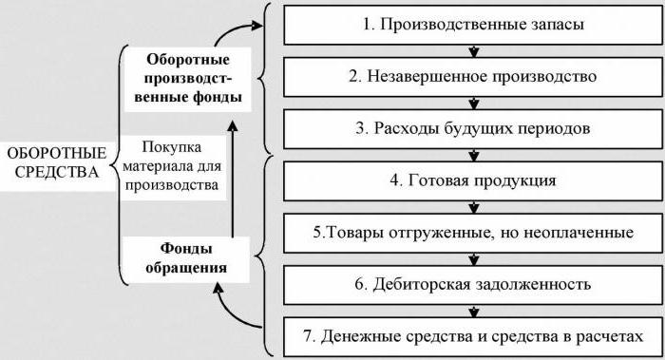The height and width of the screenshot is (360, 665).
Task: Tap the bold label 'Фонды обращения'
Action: pos(186,257)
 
